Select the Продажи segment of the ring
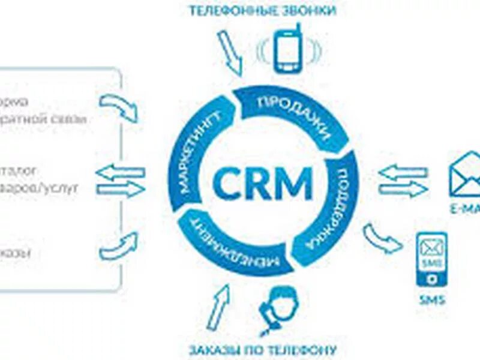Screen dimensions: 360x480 click(x=294, y=115)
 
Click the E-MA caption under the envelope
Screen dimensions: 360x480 click(x=464, y=209)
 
